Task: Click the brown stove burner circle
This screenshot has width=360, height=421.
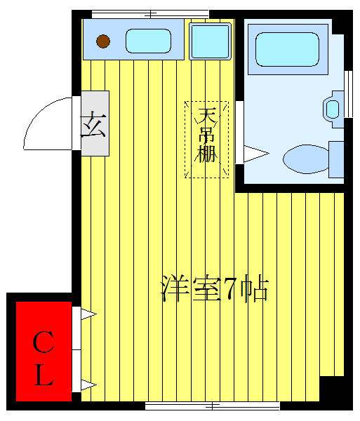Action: point(103,41)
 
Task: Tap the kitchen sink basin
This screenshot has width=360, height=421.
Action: point(148,41)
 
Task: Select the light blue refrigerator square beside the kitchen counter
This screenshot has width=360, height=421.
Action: point(211,41)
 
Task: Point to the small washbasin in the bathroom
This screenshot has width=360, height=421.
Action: point(332,109)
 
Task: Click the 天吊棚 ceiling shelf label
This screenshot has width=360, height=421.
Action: point(206,140)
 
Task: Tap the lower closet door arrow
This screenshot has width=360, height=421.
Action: point(88,384)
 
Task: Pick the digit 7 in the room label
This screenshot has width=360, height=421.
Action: point(229,289)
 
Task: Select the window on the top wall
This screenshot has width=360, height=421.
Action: point(150,13)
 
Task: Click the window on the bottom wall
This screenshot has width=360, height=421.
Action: point(212,406)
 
